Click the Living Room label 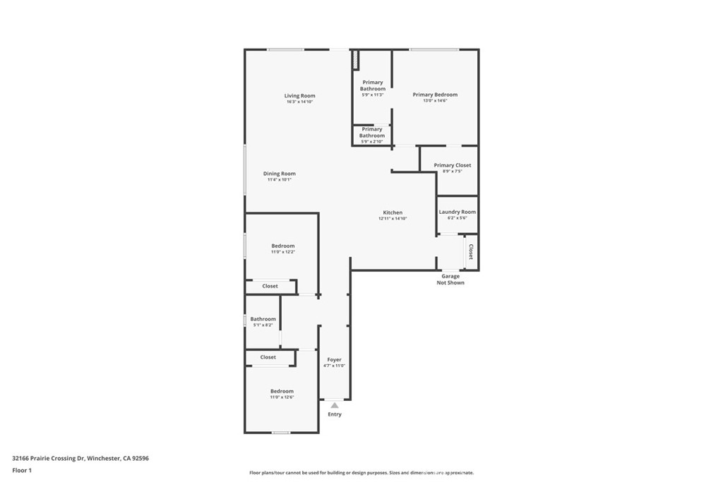(299, 96)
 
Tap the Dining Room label (279, 174)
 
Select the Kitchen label (393, 212)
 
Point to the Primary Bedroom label (435, 95)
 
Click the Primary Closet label (452, 165)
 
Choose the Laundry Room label (457, 212)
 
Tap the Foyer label (334, 360)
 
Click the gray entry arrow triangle (334, 405)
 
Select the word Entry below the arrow (334, 414)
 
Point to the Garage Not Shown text (450, 279)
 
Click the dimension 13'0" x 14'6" (435, 101)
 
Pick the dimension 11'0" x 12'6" (282, 397)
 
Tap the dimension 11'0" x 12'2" (282, 252)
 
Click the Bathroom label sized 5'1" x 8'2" (262, 319)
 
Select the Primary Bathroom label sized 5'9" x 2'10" (372, 133)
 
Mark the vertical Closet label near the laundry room (470, 252)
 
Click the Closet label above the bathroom (270, 287)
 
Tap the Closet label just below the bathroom (268, 358)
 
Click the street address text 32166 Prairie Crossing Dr (49, 458)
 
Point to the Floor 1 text (23, 470)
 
